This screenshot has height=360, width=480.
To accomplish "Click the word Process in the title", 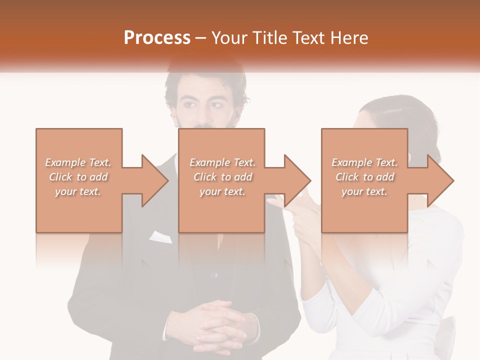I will [157, 38].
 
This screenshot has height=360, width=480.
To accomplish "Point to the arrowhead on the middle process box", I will [296, 180].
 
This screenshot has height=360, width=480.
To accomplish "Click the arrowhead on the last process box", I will [439, 180].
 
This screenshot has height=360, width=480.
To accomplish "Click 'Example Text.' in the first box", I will [78, 162].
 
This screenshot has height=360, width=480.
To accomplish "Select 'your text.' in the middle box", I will [222, 191].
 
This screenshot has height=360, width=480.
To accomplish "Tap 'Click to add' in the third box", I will [364, 177].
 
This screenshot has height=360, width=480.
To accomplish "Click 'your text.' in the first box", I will [78, 191].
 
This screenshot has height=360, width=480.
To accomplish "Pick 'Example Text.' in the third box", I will [364, 162].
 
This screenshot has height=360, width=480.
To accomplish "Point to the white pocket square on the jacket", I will [160, 236].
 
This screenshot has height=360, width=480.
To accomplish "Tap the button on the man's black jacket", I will [214, 275].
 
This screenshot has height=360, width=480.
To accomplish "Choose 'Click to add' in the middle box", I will [222, 177].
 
